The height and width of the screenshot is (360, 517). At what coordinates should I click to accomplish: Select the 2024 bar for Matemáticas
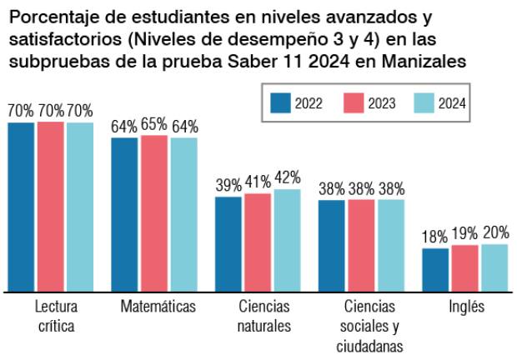184,214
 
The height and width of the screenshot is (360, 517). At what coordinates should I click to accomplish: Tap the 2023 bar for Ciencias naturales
258,242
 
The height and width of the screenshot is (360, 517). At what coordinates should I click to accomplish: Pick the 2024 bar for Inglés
494,267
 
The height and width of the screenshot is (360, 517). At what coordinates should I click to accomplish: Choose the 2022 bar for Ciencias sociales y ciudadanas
332,246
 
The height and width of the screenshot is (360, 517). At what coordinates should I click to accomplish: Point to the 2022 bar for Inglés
435,270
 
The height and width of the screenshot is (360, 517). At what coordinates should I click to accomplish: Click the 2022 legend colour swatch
280,103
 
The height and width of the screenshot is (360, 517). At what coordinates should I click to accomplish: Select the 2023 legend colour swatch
354,103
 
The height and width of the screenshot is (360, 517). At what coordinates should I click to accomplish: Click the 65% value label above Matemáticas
154,126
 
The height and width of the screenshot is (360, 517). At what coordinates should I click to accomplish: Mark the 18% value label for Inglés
435,237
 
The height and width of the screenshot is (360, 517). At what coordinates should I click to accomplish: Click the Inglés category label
464,306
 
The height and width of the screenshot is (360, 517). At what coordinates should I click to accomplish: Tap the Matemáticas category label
158,306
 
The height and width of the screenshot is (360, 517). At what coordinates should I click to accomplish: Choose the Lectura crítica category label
50,316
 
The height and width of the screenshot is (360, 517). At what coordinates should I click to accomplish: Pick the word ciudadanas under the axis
369,345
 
